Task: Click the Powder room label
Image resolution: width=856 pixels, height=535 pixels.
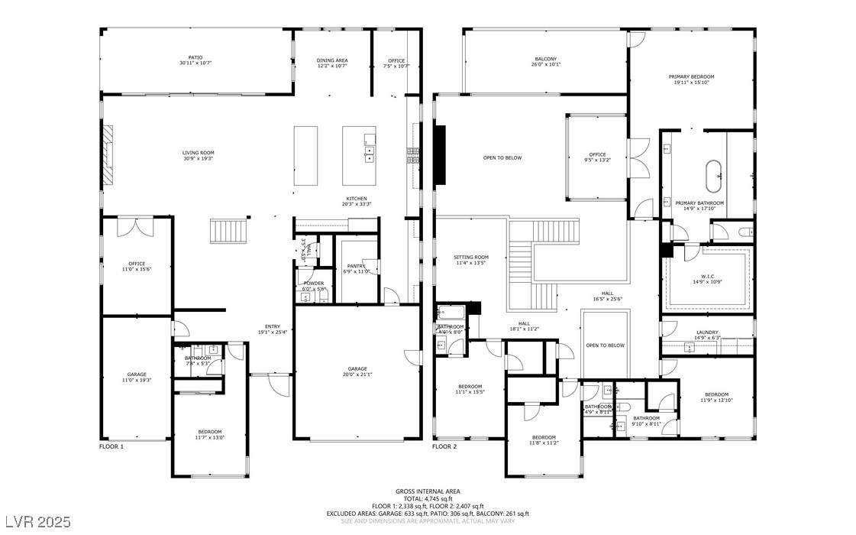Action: pos(314,285)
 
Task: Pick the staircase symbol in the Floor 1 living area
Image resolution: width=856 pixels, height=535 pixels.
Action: pos(230,231)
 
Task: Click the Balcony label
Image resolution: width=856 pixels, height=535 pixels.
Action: pos(545,61)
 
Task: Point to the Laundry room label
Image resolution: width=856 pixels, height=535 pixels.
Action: pos(706,335)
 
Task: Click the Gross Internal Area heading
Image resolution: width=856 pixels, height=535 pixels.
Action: pos(428,491)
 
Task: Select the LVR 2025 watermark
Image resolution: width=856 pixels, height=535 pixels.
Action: pos(37,522)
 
